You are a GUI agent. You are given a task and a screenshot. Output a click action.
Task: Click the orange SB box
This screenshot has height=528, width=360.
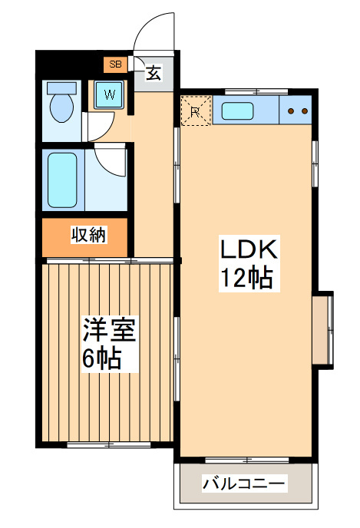click(x=115, y=64)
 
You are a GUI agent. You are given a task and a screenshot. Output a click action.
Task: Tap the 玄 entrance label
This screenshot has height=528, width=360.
click(x=154, y=74)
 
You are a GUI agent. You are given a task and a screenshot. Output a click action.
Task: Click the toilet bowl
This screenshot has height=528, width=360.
click(x=61, y=107)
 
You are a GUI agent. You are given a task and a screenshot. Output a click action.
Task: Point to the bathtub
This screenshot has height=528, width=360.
click(x=62, y=180)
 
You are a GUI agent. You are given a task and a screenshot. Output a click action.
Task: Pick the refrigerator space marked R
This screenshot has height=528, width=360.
click(x=195, y=111)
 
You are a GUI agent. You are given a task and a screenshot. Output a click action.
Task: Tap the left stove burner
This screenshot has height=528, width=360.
click(x=292, y=111)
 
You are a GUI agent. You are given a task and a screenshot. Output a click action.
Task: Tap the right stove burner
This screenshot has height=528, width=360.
click(x=305, y=111)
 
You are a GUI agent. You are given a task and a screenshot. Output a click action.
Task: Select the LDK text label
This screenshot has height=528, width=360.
click(x=246, y=249)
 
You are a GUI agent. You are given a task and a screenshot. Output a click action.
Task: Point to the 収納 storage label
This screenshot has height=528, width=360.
click(x=88, y=236)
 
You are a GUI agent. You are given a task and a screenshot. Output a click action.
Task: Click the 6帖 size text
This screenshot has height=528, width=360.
click(x=101, y=358)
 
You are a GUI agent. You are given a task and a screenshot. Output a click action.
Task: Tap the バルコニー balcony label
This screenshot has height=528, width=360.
click(x=244, y=484)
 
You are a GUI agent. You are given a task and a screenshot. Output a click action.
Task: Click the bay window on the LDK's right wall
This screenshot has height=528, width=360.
click(x=325, y=329)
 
